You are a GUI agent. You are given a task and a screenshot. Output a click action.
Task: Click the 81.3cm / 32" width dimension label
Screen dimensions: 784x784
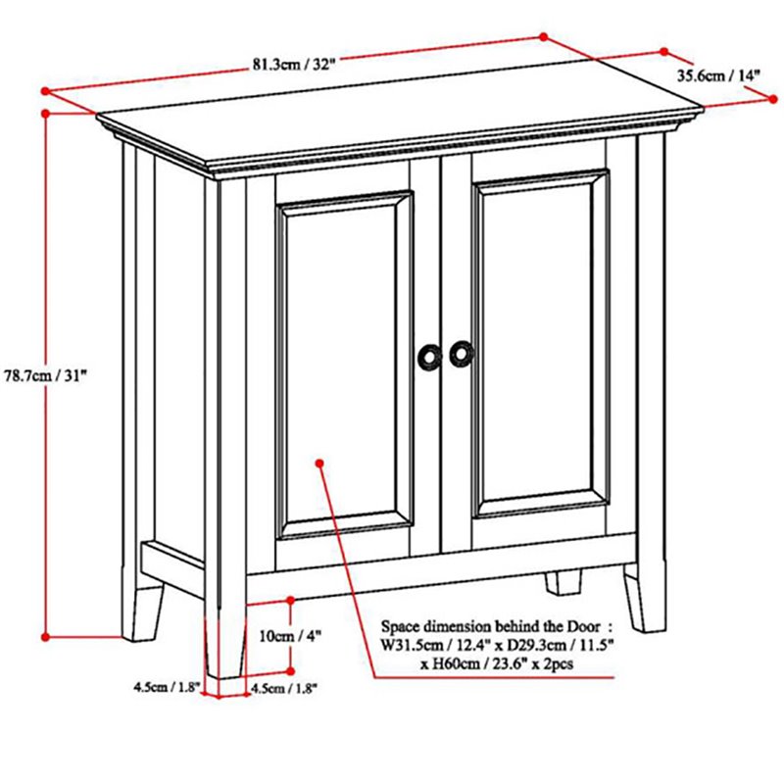pyautogui.click(x=294, y=66)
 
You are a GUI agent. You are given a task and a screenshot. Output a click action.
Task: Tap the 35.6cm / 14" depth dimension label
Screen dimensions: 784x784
pyautogui.click(x=717, y=75)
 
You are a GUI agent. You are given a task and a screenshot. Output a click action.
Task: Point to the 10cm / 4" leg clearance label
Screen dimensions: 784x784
pyautogui.click(x=289, y=635)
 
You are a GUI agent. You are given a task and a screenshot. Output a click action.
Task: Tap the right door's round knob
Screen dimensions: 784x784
pyautogui.click(x=460, y=354)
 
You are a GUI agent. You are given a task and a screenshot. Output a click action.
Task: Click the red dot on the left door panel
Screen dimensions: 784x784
pyautogui.click(x=320, y=460)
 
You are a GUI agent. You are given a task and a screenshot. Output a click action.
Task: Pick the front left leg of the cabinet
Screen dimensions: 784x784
pyautogui.click(x=226, y=642)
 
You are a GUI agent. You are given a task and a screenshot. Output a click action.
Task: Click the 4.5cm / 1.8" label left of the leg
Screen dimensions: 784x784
pyautogui.click(x=167, y=687)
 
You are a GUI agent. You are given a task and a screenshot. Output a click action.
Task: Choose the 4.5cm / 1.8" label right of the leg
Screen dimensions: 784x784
pyautogui.click(x=284, y=687)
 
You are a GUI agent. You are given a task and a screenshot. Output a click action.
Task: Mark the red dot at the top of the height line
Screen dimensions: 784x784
pyautogui.click(x=45, y=114)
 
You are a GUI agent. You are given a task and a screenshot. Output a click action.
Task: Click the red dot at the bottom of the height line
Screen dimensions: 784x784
pyautogui.click(x=45, y=637)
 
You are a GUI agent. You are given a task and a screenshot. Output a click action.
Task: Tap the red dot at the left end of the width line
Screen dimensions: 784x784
pyautogui.click(x=45, y=91)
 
